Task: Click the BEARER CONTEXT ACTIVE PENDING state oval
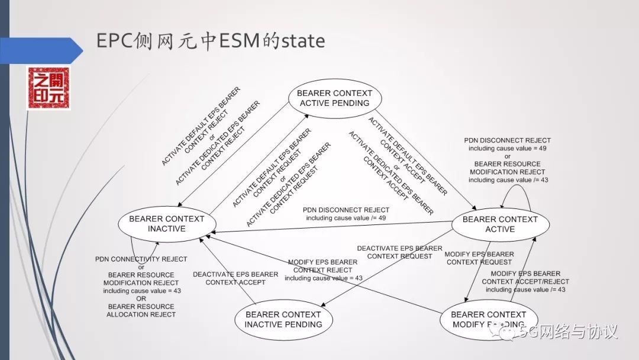pyautogui.click(x=334, y=98)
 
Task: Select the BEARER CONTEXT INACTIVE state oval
pyautogui.click(x=166, y=224)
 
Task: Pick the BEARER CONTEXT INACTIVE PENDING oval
pyautogui.click(x=283, y=319)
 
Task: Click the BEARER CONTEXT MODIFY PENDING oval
pyautogui.click(x=488, y=319)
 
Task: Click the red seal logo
pyautogui.click(x=49, y=88)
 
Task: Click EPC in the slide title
pyautogui.click(x=113, y=41)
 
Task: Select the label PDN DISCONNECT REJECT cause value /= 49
pyautogui.click(x=346, y=214)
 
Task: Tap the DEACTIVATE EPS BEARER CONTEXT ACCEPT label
pyautogui.click(x=235, y=278)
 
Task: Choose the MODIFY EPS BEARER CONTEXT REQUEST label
pyautogui.click(x=479, y=258)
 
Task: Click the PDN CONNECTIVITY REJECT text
pyautogui.click(x=141, y=259)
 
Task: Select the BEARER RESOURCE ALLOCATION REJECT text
pyautogui.click(x=141, y=310)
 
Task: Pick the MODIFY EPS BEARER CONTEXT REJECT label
pyautogui.click(x=322, y=270)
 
